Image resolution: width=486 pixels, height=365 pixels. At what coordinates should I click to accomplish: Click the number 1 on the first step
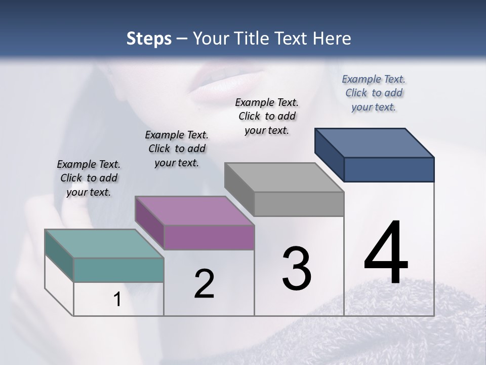coord(117,300)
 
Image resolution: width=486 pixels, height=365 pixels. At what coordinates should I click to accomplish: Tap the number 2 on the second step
coord(204,284)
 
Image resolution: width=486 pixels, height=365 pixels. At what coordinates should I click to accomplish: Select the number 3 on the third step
coord(296,269)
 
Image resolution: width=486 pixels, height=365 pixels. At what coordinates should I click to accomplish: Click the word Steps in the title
coord(149,39)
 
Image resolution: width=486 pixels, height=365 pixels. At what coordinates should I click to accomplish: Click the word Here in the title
coord(333,39)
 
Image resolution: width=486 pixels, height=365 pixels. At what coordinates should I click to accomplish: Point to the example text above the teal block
coord(89,178)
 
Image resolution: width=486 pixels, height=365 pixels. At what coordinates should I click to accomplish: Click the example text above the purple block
coord(177,149)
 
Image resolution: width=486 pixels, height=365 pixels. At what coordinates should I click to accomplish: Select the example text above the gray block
coord(267,116)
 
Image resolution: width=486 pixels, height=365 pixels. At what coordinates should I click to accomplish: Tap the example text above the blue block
coord(374,93)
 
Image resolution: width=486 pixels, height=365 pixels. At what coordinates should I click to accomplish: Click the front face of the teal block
coord(118,270)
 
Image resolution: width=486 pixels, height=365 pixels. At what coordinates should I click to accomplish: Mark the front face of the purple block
coord(209,237)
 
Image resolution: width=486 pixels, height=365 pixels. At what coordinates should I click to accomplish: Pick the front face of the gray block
coord(299,204)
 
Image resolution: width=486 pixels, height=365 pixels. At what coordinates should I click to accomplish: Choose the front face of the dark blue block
coord(389,169)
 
